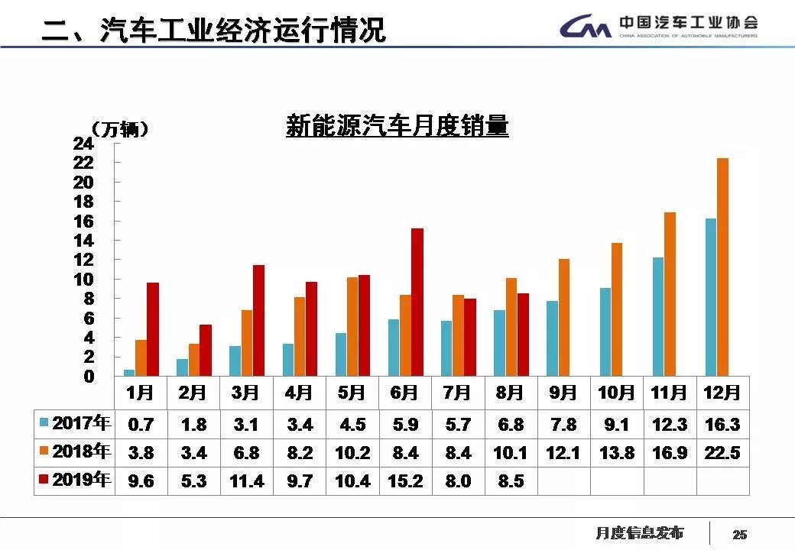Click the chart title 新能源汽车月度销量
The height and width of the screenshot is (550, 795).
pyautogui.click(x=397, y=126)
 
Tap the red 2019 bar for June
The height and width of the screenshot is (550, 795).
pyautogui.click(x=417, y=302)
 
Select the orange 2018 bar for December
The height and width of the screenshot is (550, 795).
pyautogui.click(x=722, y=267)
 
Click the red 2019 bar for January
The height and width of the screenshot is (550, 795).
pyautogui.click(x=153, y=329)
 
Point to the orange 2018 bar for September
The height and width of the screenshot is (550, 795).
pyautogui.click(x=564, y=317)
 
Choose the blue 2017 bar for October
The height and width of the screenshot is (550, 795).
pyautogui.click(x=605, y=332)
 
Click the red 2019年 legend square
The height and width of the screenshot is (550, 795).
pyautogui.click(x=44, y=480)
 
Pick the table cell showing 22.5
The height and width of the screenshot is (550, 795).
pyautogui.click(x=722, y=452)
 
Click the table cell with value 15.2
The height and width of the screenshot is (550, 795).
pyautogui.click(x=405, y=481)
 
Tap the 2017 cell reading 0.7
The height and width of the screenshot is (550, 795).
pyautogui.click(x=141, y=424)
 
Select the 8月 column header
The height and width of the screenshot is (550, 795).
pyautogui.click(x=510, y=393)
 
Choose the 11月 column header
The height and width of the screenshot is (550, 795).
pyautogui.click(x=669, y=393)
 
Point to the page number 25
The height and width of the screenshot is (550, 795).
pyautogui.click(x=740, y=534)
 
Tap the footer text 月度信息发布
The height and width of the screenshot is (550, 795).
pyautogui.click(x=640, y=532)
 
